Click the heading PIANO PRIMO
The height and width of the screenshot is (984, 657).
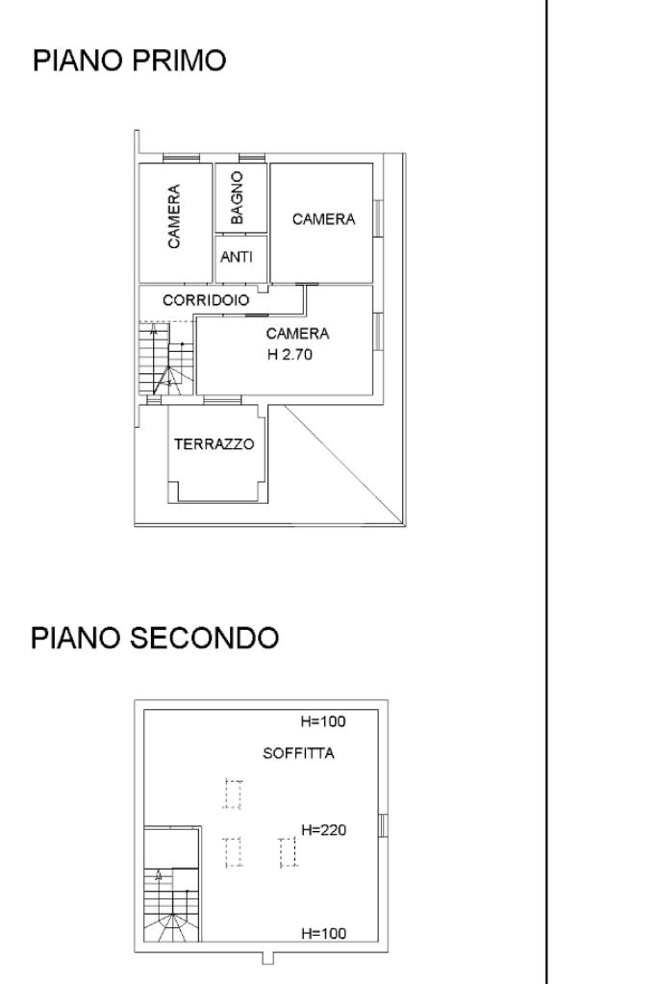130,62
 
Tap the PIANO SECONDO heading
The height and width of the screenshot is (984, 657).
156,638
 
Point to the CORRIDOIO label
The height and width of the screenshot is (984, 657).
206,300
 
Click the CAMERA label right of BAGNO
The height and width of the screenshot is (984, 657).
323,219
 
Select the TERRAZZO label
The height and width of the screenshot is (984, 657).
214,444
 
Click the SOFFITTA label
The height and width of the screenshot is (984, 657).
298,753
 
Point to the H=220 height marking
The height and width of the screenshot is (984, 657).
323,829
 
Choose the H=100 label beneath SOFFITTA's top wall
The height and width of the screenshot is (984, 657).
323,721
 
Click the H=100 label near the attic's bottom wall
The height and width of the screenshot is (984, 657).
323,933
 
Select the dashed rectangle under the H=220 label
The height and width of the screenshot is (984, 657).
286,852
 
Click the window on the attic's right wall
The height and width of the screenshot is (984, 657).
383,825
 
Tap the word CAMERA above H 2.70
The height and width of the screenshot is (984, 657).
297,334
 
